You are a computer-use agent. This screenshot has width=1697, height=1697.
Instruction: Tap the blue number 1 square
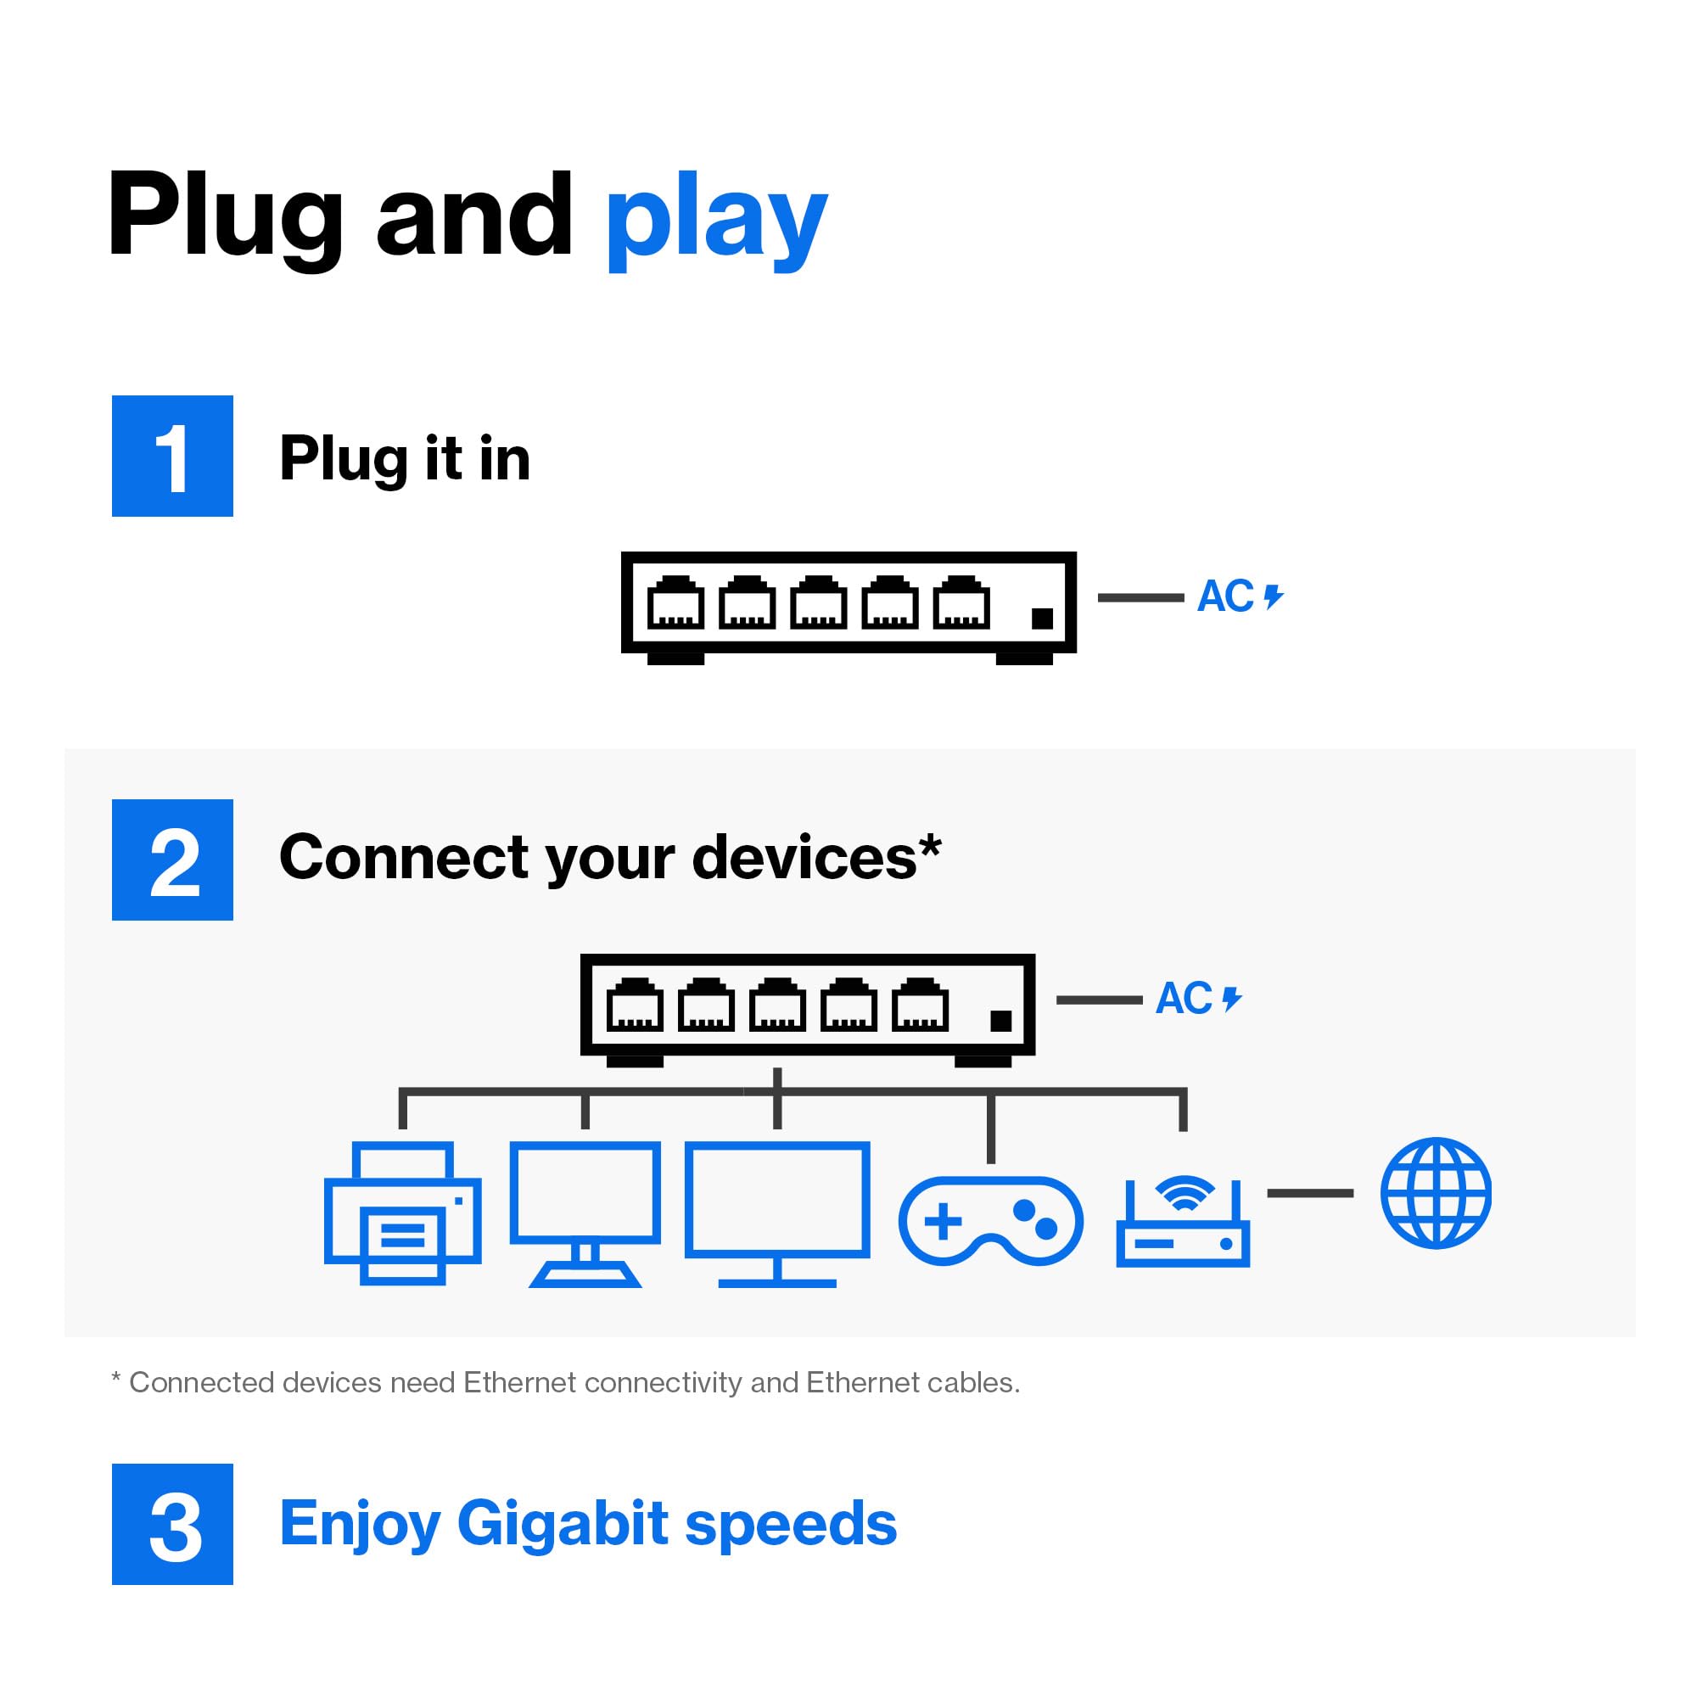(172, 456)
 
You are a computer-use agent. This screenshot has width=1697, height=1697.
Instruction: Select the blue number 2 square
(172, 860)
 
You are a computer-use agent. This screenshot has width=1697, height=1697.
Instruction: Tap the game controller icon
(990, 1221)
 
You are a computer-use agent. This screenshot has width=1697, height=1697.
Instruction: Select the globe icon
(1436, 1193)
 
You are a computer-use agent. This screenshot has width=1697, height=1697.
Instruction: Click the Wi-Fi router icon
(1182, 1222)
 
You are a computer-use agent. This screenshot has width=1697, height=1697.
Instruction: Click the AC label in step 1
(1225, 596)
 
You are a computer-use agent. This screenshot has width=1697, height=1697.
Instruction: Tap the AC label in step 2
(1183, 999)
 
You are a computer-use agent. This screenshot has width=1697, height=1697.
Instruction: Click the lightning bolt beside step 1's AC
(1274, 597)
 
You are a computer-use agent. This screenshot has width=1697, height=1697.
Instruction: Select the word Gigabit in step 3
(563, 1525)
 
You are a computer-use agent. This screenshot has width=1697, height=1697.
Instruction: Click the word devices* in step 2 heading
(816, 857)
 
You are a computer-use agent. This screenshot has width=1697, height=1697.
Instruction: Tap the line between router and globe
(1309, 1193)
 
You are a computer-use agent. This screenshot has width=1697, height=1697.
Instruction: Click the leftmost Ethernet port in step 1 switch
(675, 603)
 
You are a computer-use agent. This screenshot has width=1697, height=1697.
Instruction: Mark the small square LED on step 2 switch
(1000, 1021)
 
